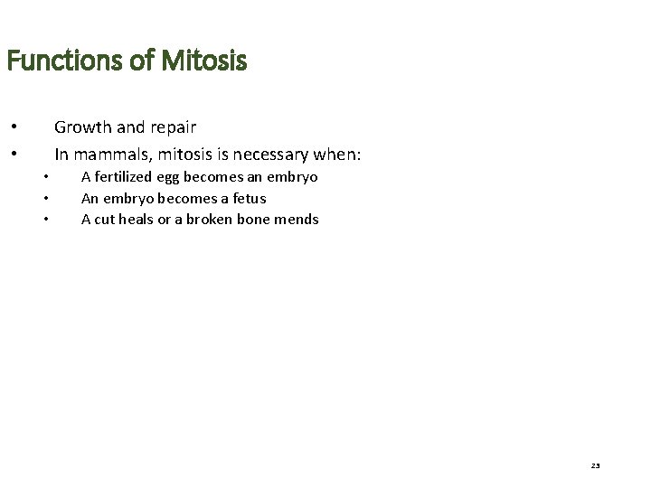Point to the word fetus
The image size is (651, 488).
tap(249, 198)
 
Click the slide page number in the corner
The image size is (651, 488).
tap(596, 465)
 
